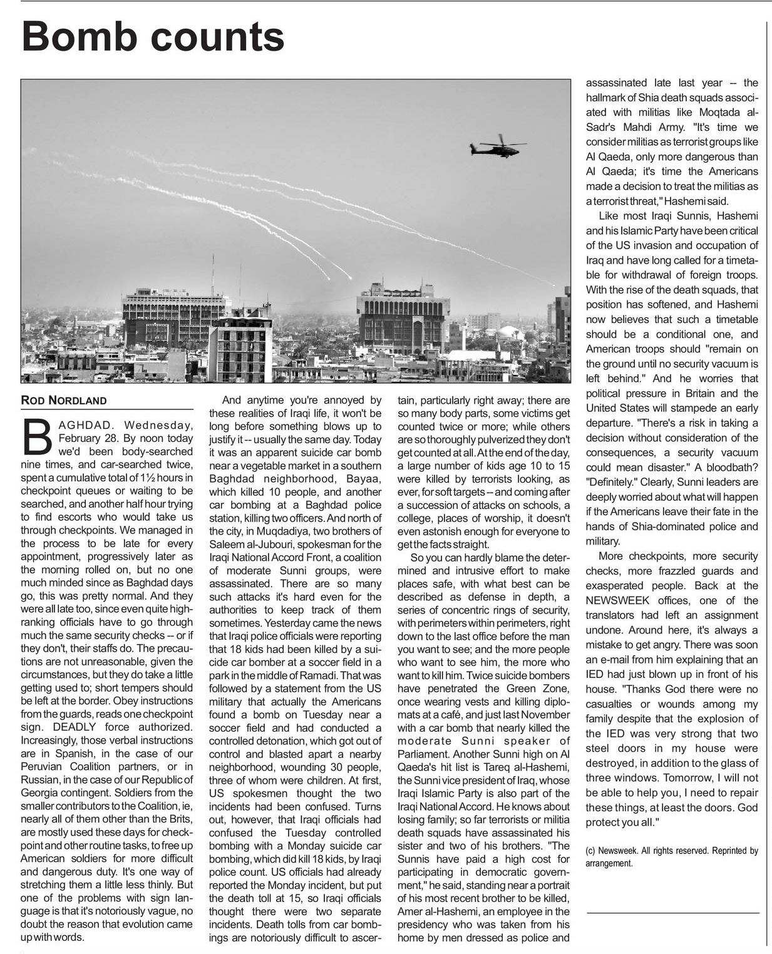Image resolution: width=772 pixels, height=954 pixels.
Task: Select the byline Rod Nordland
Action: pyautogui.click(x=63, y=401)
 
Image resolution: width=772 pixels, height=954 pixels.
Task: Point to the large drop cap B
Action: pyautogui.click(x=37, y=436)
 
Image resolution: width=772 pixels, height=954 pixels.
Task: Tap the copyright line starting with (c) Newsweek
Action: pyautogui.click(x=671, y=856)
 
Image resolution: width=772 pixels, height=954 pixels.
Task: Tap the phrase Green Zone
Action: pyautogui.click(x=539, y=689)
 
